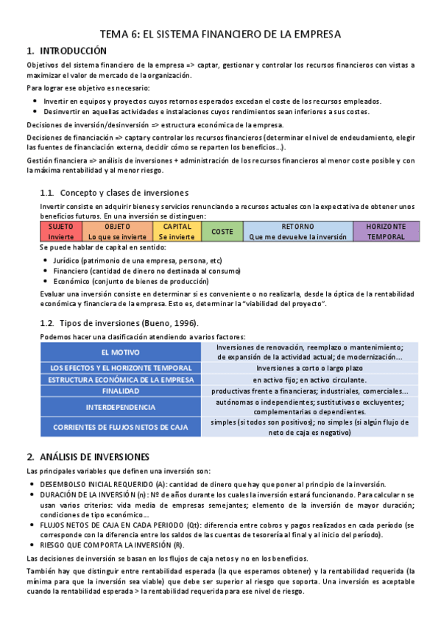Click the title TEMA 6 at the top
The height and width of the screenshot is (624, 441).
coord(221,34)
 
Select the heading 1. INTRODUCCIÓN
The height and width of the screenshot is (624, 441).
coord(66,51)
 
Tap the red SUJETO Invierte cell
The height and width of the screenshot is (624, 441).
coord(61,232)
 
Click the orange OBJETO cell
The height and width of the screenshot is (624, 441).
coord(118,232)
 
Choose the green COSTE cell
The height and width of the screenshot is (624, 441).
coord(222,232)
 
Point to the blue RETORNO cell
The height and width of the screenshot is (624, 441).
coord(297,232)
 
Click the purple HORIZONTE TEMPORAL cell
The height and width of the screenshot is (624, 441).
coord(387,232)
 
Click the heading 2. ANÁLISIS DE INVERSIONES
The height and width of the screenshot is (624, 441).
coord(88,456)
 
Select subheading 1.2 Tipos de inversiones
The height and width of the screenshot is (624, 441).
coord(118,323)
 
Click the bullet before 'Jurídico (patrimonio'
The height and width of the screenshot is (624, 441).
coord(46,260)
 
